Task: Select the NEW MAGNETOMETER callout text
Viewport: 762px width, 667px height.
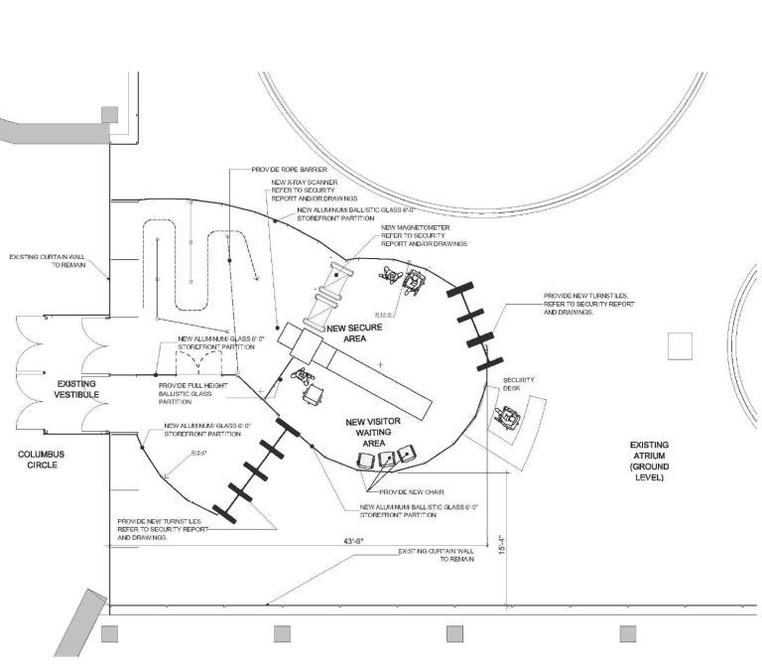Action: tap(425, 235)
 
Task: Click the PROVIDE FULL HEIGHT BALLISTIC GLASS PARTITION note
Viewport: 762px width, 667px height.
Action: tap(199, 395)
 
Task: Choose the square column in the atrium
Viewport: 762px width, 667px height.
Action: tap(680, 345)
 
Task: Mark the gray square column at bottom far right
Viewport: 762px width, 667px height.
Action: tap(628, 633)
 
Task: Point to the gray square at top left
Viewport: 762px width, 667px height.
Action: tap(110, 114)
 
